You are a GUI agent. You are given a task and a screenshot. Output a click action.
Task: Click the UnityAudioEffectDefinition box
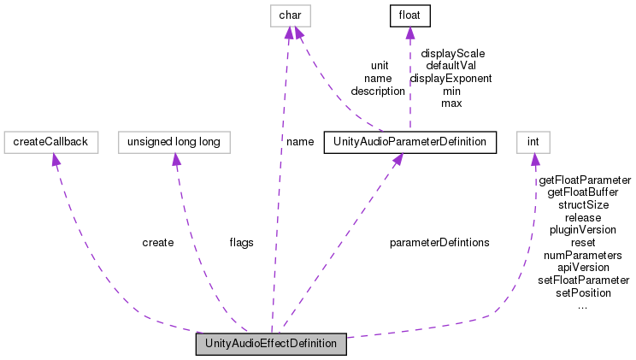271,345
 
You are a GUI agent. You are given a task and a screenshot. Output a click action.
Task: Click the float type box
408,15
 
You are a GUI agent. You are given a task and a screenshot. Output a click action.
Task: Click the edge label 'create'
157,243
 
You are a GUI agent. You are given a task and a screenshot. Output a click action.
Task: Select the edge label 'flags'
241,243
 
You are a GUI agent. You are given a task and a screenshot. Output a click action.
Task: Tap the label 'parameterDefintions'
439,243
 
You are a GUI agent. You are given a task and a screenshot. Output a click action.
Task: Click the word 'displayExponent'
450,78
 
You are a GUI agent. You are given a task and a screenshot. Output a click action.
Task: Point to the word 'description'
378,91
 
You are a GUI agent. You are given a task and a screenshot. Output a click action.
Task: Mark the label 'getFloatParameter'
584,180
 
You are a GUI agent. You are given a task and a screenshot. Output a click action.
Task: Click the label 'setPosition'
583,293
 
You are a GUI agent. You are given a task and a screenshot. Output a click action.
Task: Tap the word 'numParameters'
583,256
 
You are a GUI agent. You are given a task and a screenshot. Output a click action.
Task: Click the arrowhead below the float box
409,32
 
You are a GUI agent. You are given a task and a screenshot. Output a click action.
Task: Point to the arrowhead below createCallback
55,160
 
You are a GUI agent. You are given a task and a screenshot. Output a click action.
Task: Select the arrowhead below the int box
535,160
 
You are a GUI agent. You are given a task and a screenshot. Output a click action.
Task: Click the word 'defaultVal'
450,65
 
